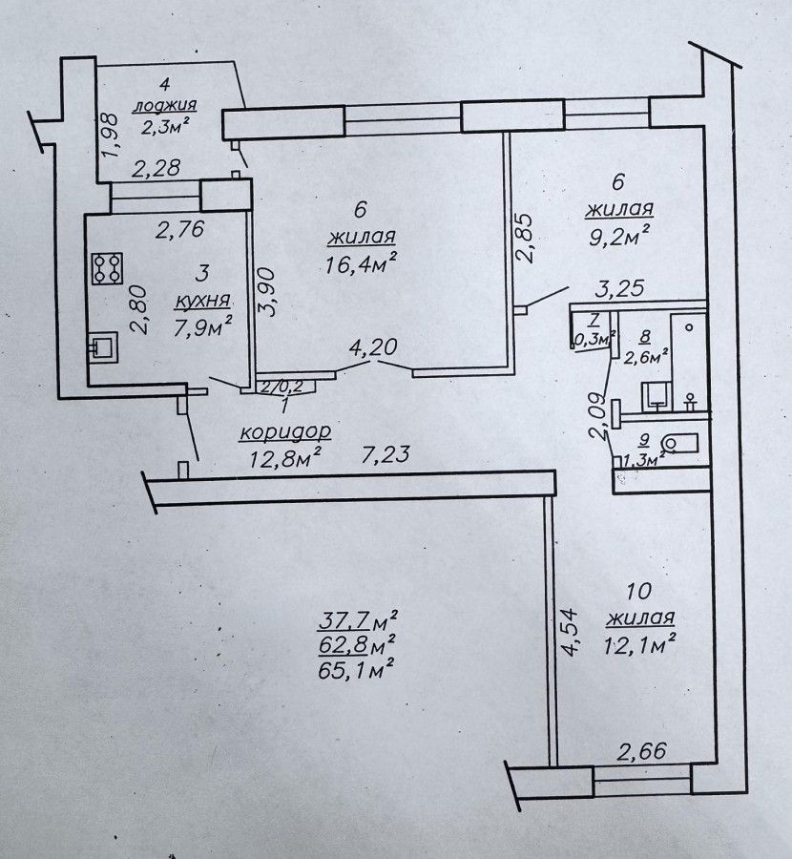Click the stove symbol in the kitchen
pos(107,268)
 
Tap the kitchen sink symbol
pos(103,347)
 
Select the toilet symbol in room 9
pos(679,444)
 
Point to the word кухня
pos(202,301)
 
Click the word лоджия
pos(164,105)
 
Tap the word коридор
pos(285,432)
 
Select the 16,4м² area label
pos(361,264)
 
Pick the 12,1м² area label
pos(639,645)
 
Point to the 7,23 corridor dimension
pos(386,454)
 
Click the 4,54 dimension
pos(569,631)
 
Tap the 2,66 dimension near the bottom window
pos(642,751)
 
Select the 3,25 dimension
pos(619,288)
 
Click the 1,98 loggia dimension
pos(110,135)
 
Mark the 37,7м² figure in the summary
pos(358,620)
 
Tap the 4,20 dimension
pos(373,347)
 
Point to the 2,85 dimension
pos(524,239)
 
